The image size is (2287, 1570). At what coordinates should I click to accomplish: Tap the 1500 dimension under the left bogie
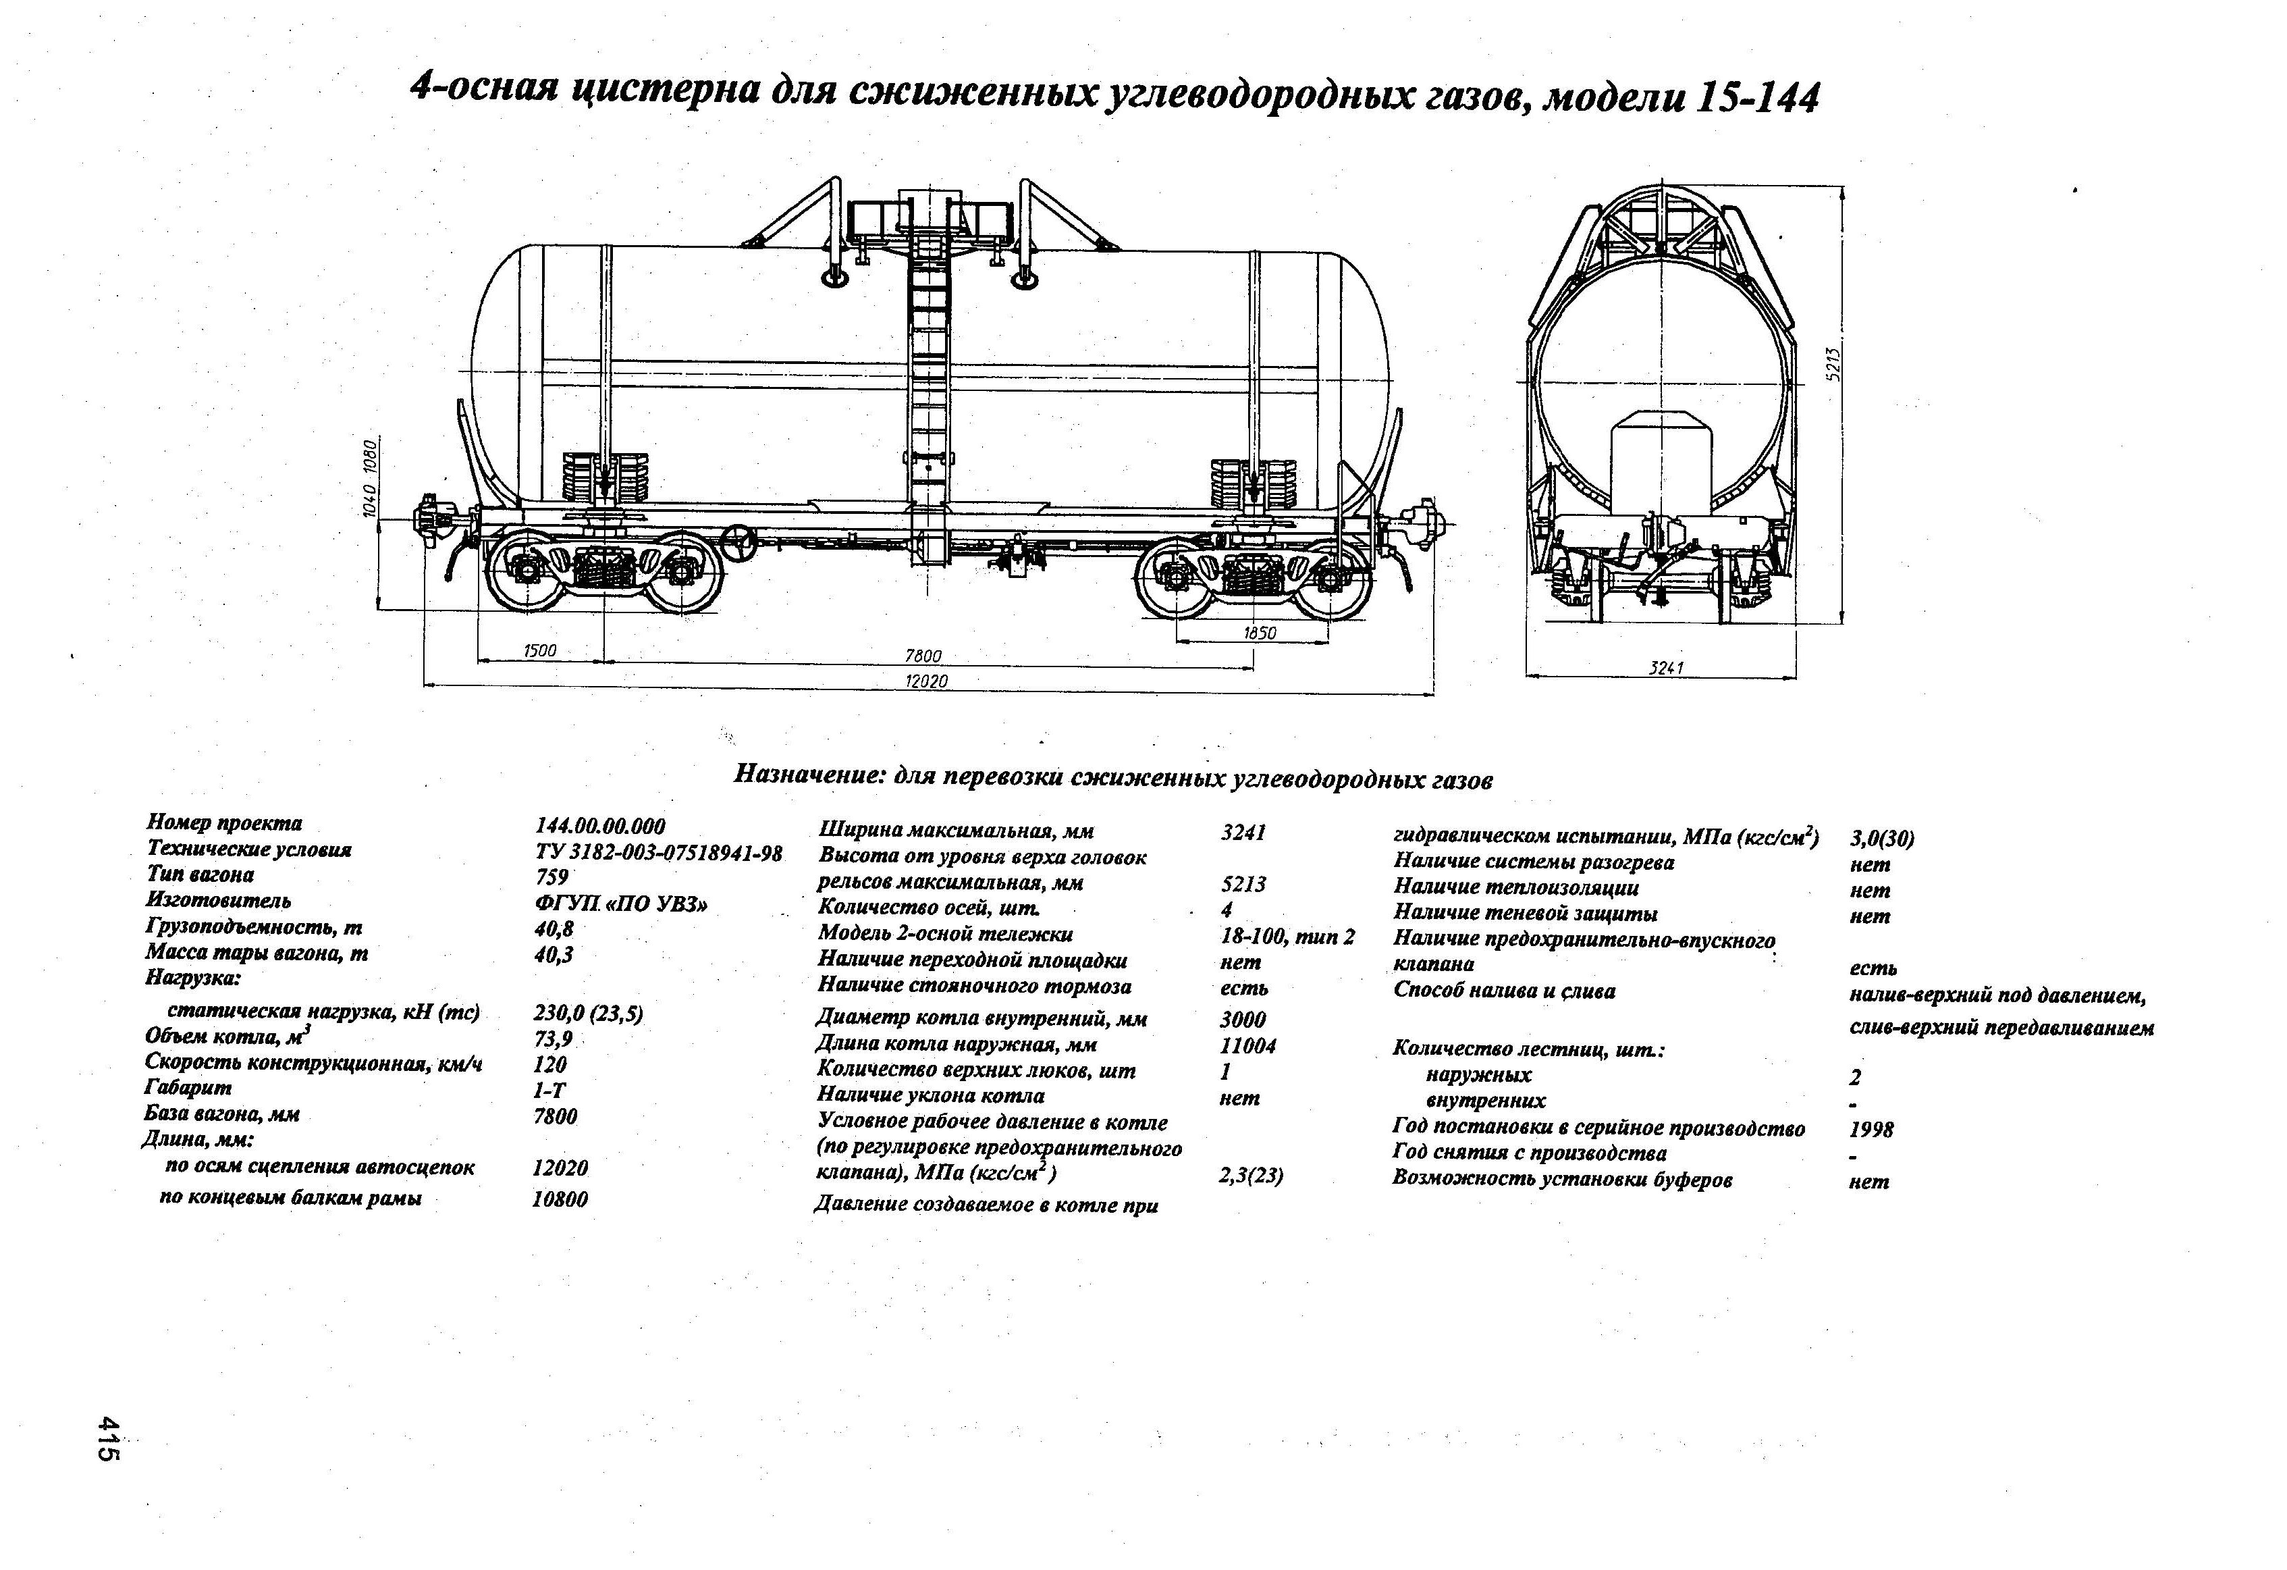pyautogui.click(x=539, y=651)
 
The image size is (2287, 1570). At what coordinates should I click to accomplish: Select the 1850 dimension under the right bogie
pyautogui.click(x=1259, y=633)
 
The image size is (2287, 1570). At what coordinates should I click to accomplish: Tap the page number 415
pyautogui.click(x=107, y=1438)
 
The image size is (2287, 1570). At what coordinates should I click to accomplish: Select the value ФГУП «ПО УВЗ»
pyautogui.click(x=620, y=904)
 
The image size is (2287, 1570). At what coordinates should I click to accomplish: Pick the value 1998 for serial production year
pyautogui.click(x=1871, y=1129)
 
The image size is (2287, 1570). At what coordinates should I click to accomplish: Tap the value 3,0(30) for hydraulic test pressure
pyautogui.click(x=1881, y=839)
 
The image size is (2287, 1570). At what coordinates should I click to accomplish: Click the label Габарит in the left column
pyautogui.click(x=188, y=1088)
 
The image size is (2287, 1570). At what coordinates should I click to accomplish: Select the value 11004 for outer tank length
pyautogui.click(x=1248, y=1045)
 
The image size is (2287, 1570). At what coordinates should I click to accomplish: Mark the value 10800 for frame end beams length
pyautogui.click(x=560, y=1199)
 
